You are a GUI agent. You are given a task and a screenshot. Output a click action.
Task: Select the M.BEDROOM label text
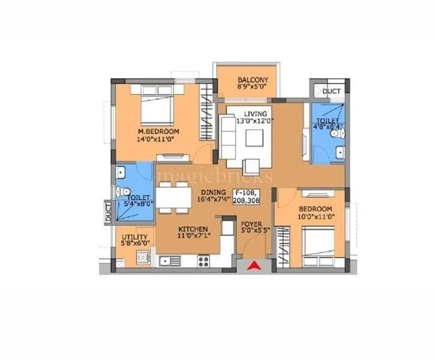click(158, 132)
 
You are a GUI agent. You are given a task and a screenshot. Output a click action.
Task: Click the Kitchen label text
click(193, 229)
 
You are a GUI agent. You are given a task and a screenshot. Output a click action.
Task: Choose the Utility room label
click(135, 236)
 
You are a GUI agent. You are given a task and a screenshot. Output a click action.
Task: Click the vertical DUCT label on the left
click(108, 214)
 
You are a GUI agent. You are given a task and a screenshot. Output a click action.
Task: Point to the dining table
click(173, 197)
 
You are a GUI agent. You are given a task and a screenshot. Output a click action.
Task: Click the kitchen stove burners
click(203, 262)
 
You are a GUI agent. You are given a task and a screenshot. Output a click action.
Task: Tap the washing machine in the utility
click(143, 260)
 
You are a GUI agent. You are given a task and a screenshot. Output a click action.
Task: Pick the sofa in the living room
click(228, 134)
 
